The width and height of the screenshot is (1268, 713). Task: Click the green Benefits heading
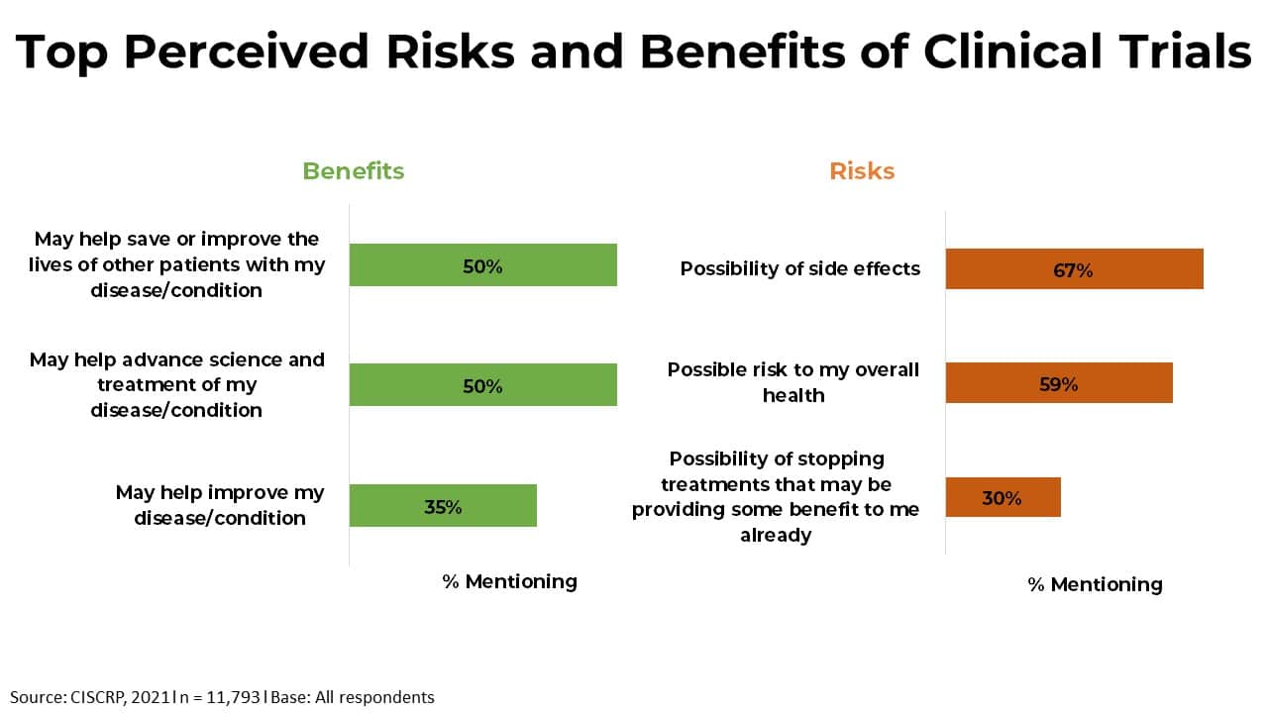coord(354,171)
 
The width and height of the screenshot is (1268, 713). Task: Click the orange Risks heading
coord(862,171)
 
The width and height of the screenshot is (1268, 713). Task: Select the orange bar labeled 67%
coord(1074,268)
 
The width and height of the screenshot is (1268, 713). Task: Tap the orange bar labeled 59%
coord(1059,383)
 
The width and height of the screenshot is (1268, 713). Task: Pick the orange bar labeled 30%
coord(1003,497)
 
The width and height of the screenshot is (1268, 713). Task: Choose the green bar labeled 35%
coord(443,505)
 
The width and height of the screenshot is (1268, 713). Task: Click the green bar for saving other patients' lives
coord(482,264)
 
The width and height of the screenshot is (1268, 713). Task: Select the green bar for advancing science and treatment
coord(482,385)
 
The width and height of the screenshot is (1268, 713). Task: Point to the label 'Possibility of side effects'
coord(799,268)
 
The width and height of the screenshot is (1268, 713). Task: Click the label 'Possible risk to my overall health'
coord(793,382)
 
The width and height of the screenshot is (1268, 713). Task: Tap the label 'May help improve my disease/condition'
coord(220,505)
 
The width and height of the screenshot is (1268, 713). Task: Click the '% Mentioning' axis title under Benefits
coord(509,581)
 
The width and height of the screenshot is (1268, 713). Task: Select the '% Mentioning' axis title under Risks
coord(1095,584)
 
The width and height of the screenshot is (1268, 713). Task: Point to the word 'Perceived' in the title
coord(247,51)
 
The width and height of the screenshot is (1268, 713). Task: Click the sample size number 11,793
coord(233,697)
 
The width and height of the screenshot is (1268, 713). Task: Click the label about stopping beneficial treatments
coord(776,497)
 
